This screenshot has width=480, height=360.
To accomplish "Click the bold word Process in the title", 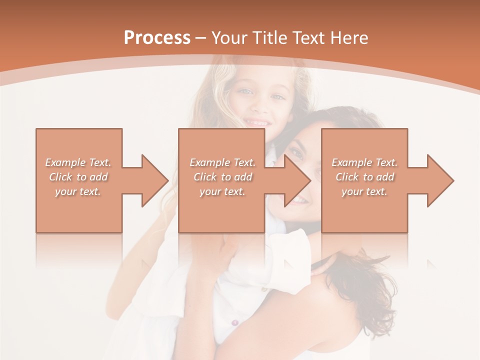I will [x=157, y=38].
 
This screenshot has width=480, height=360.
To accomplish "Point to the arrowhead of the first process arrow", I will [x=155, y=180].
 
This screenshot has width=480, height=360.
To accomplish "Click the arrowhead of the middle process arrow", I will [x=298, y=180].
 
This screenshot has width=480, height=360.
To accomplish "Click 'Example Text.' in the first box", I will [x=78, y=162].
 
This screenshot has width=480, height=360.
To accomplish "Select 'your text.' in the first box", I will [x=78, y=191].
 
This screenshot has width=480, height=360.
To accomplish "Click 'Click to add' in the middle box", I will [x=222, y=177].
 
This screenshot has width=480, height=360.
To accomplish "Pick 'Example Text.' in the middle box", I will [x=222, y=162].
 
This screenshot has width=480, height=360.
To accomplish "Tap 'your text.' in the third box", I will [x=364, y=191].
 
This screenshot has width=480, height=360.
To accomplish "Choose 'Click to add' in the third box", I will [x=364, y=177].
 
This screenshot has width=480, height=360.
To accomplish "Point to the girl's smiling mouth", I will [x=257, y=122].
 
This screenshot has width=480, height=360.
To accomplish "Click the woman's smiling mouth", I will [x=298, y=199].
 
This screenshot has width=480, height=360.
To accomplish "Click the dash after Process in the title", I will [x=200, y=38].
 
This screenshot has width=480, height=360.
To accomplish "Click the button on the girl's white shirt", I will [x=234, y=323].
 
